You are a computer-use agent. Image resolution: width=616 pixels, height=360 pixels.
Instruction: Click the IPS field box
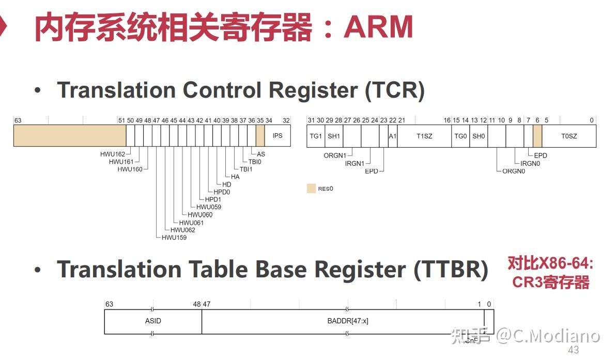[x=278, y=136]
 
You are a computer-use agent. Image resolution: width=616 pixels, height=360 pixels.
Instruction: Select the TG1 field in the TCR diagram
[x=315, y=136]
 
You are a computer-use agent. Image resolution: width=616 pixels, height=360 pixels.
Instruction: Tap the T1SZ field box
[x=424, y=136]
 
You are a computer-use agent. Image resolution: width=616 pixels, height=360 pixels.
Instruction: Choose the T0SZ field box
[x=569, y=136]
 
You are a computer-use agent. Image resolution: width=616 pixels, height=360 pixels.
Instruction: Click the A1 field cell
[x=393, y=136]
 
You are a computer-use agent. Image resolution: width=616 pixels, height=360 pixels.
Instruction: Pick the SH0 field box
[x=479, y=136]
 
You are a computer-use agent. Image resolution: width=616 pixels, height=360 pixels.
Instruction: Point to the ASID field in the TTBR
[x=153, y=321]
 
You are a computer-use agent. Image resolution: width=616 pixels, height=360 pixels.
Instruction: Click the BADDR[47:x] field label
[x=348, y=321]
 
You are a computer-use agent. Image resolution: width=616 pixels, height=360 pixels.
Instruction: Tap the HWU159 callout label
[x=174, y=238]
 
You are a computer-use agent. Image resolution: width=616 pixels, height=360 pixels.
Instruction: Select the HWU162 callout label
[x=113, y=154]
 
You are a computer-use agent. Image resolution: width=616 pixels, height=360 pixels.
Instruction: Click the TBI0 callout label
[x=255, y=162]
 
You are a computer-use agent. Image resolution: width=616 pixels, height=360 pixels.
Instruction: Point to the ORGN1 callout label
[x=335, y=155]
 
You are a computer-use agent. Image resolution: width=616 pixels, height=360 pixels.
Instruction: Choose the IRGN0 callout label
[x=530, y=163]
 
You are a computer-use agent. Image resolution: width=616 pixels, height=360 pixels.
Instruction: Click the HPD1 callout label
[x=213, y=199]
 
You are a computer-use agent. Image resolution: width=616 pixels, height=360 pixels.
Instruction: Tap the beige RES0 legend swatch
[x=311, y=189]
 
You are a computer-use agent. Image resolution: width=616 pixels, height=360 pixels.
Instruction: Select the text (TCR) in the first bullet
[x=395, y=90]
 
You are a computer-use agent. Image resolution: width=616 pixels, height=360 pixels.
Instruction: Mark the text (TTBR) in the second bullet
[x=451, y=270]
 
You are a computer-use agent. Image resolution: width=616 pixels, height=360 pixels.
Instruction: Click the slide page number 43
[x=573, y=350]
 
